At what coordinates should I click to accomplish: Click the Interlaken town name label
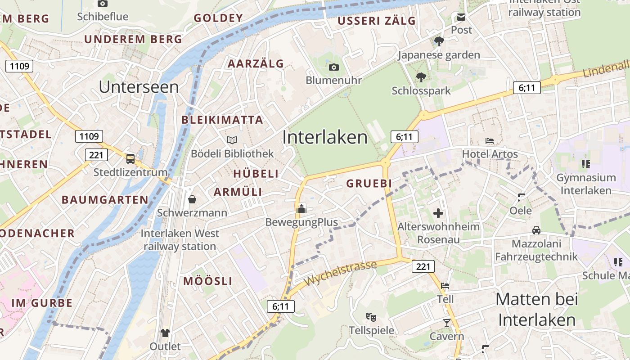[x=325, y=137]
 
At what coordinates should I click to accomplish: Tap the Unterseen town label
[x=139, y=87]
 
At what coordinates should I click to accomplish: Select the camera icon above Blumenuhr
[x=333, y=67]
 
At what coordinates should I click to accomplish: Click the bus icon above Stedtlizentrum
[x=130, y=158]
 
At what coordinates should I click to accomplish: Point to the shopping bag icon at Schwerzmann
[x=192, y=199]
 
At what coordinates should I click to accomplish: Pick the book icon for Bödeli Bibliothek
[x=232, y=140]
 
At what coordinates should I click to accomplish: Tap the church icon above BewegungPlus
[x=301, y=208]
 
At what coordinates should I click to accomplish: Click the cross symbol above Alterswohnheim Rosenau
[x=438, y=213]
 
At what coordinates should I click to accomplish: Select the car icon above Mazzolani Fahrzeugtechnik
[x=536, y=230]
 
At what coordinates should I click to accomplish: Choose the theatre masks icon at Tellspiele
[x=371, y=317]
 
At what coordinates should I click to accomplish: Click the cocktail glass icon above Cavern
[x=446, y=323]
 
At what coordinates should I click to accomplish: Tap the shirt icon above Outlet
[x=165, y=333]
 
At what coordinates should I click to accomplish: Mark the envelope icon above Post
[x=461, y=17]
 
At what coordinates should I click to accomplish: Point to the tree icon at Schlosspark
[x=421, y=77]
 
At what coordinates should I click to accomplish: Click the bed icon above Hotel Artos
[x=490, y=141]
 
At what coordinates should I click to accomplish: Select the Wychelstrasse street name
[x=340, y=273]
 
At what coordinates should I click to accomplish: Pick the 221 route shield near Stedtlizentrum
[x=96, y=155]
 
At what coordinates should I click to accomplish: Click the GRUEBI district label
[x=369, y=184]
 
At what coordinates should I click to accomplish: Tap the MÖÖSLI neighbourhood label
[x=208, y=281]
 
